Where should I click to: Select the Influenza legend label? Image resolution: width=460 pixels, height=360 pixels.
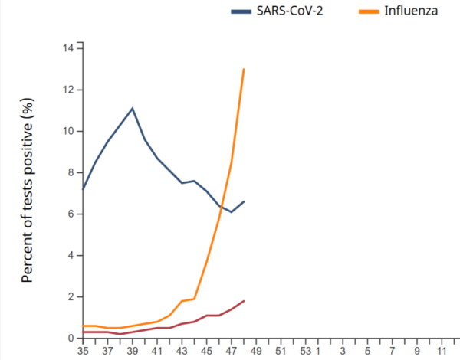(412, 11)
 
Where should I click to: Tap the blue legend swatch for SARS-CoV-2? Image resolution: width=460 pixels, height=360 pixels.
(244, 11)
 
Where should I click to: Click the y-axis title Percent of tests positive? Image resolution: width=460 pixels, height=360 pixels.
(28, 190)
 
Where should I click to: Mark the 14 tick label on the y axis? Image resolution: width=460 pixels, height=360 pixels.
(68, 48)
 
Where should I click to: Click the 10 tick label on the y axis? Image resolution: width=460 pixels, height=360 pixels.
(68, 131)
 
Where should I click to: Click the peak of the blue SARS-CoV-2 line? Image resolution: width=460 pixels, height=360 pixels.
(133, 108)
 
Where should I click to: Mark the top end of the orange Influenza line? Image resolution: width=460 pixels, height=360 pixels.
(244, 69)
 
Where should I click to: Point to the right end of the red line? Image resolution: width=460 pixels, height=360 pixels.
(244, 300)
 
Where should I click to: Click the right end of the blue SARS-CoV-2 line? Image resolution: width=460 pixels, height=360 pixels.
(244, 201)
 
